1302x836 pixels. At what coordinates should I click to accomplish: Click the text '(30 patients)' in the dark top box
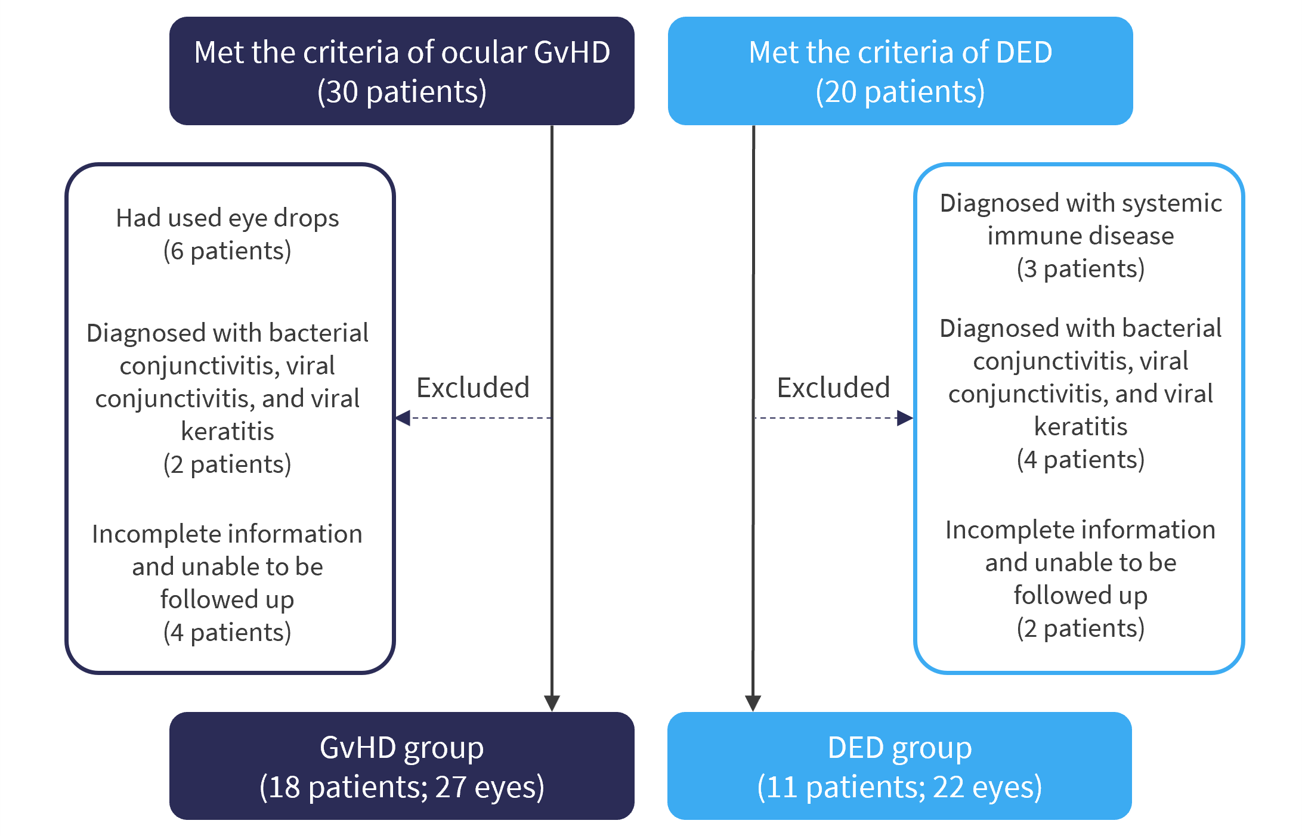pyautogui.click(x=402, y=92)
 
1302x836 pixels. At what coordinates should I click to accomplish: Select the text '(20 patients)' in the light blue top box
pyautogui.click(x=900, y=92)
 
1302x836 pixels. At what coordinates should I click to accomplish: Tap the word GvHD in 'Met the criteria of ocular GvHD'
pyautogui.click(x=572, y=52)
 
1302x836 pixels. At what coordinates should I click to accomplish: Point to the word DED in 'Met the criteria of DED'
pyautogui.click(x=1024, y=52)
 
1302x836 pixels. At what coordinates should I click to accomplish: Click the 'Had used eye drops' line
pyautogui.click(x=227, y=218)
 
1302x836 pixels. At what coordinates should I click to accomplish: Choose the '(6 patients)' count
pyautogui.click(x=227, y=251)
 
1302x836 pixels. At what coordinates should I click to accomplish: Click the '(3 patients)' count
pyautogui.click(x=1081, y=269)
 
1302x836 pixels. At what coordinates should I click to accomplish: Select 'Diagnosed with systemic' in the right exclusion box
pyautogui.click(x=1081, y=203)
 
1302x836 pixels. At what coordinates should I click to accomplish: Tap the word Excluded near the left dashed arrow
pyautogui.click(x=473, y=388)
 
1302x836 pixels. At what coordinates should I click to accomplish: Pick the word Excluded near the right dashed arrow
pyautogui.click(x=833, y=388)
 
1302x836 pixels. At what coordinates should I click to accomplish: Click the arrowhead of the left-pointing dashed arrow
pyautogui.click(x=403, y=418)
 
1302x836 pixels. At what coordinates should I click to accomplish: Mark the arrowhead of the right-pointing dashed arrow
pyautogui.click(x=905, y=418)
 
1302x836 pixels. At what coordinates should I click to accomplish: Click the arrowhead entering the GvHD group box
pyautogui.click(x=552, y=703)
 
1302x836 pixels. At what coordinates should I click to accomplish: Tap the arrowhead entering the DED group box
pyautogui.click(x=753, y=703)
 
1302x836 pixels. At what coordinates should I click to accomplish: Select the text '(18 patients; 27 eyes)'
pyautogui.click(x=402, y=787)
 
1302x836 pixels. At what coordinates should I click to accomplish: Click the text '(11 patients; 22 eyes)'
pyautogui.click(x=900, y=787)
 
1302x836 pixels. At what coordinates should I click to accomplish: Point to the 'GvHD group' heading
pyautogui.click(x=402, y=748)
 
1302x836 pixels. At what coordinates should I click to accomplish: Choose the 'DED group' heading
pyautogui.click(x=900, y=748)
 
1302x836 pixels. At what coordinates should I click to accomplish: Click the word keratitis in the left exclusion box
pyautogui.click(x=227, y=431)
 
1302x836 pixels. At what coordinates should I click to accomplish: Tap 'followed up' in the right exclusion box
pyautogui.click(x=1081, y=596)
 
